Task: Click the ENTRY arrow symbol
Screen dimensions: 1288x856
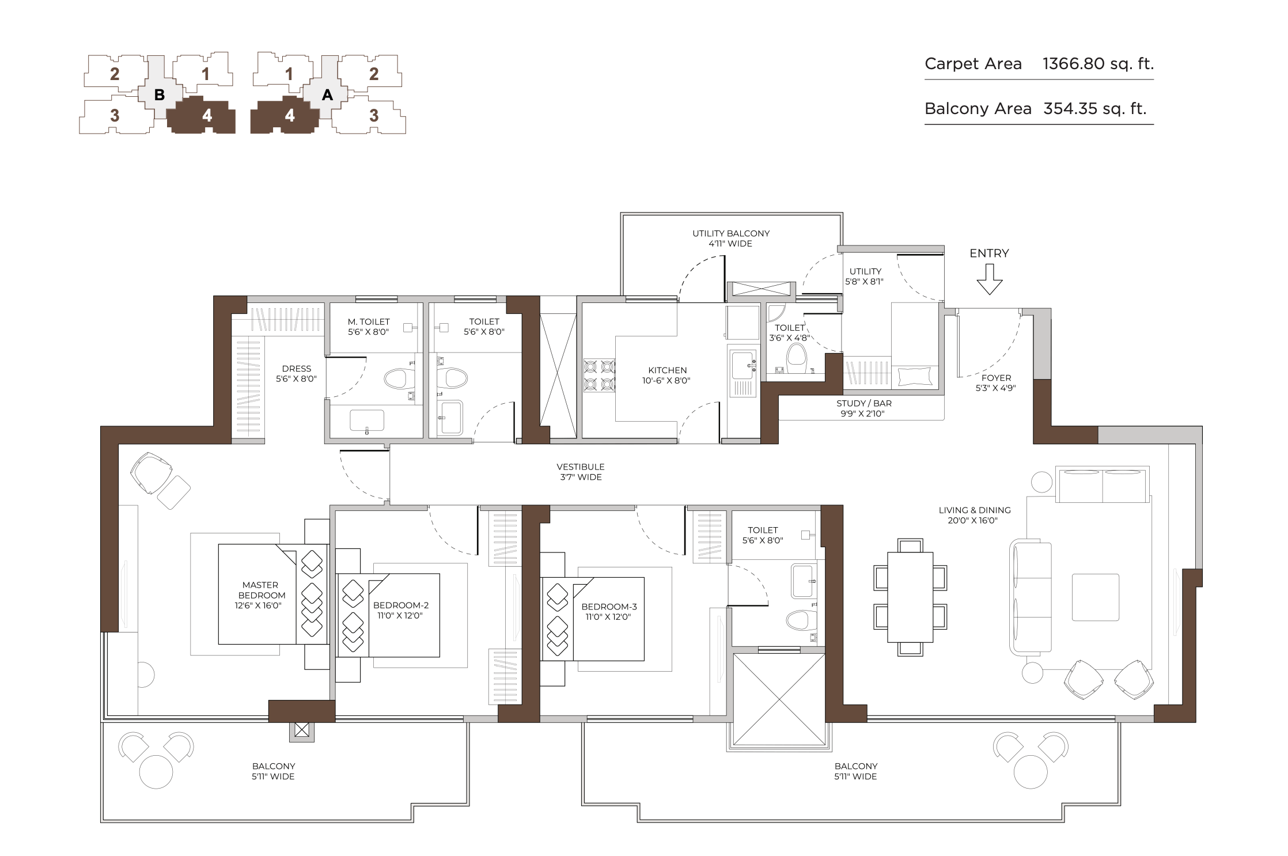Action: click(990, 279)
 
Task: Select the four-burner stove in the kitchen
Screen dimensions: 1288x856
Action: click(600, 376)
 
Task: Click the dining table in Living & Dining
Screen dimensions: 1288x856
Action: click(910, 597)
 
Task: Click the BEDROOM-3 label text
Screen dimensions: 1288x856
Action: click(609, 607)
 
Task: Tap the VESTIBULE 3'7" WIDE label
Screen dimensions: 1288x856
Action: click(581, 472)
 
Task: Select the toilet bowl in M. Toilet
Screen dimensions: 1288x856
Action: click(399, 378)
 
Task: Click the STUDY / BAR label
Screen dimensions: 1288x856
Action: click(864, 403)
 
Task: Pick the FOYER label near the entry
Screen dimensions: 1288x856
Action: click(996, 378)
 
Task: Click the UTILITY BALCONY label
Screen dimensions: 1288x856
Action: click(731, 233)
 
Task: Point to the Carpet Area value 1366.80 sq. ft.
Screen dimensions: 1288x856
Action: click(1098, 63)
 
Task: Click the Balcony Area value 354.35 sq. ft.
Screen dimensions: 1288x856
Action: click(1095, 108)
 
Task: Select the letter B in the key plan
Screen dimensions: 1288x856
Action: click(160, 95)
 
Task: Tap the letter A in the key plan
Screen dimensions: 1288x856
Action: click(327, 95)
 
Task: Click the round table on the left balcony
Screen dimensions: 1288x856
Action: click(156, 771)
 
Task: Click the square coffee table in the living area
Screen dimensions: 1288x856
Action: click(1095, 597)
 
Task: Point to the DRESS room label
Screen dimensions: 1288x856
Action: click(296, 369)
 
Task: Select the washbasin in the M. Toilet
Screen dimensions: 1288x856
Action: click(367, 420)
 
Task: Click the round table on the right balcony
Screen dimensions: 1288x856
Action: click(1031, 771)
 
